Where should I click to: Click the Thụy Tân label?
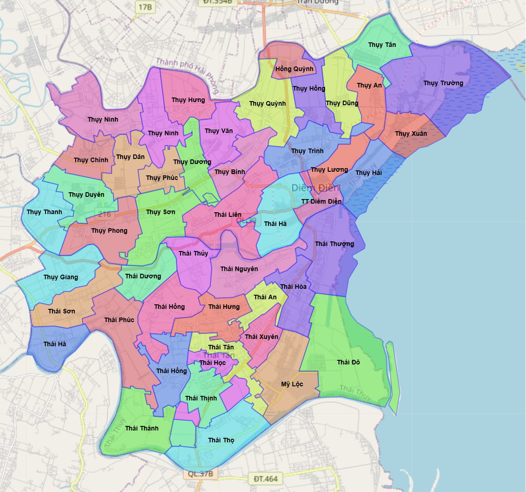[x=382, y=45]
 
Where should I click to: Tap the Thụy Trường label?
[x=443, y=83]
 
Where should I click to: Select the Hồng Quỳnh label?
[x=294, y=69]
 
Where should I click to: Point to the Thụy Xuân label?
[x=411, y=133]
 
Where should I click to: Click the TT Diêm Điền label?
[x=321, y=201]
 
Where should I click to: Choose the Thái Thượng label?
[x=335, y=244]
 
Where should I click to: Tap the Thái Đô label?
[x=349, y=362]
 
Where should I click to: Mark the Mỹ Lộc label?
[x=292, y=384]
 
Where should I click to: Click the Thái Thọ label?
[x=222, y=440]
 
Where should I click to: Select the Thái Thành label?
[x=142, y=428]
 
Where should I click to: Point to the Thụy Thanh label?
[x=44, y=212]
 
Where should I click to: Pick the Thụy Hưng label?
[x=188, y=100]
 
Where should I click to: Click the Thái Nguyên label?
[x=239, y=269]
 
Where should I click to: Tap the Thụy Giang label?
[x=61, y=277]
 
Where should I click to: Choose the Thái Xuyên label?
[x=262, y=337]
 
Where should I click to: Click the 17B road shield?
[x=145, y=7]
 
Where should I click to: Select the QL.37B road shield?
[x=201, y=474]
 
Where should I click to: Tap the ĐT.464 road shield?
[x=266, y=479]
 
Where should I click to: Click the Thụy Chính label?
[x=91, y=160]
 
